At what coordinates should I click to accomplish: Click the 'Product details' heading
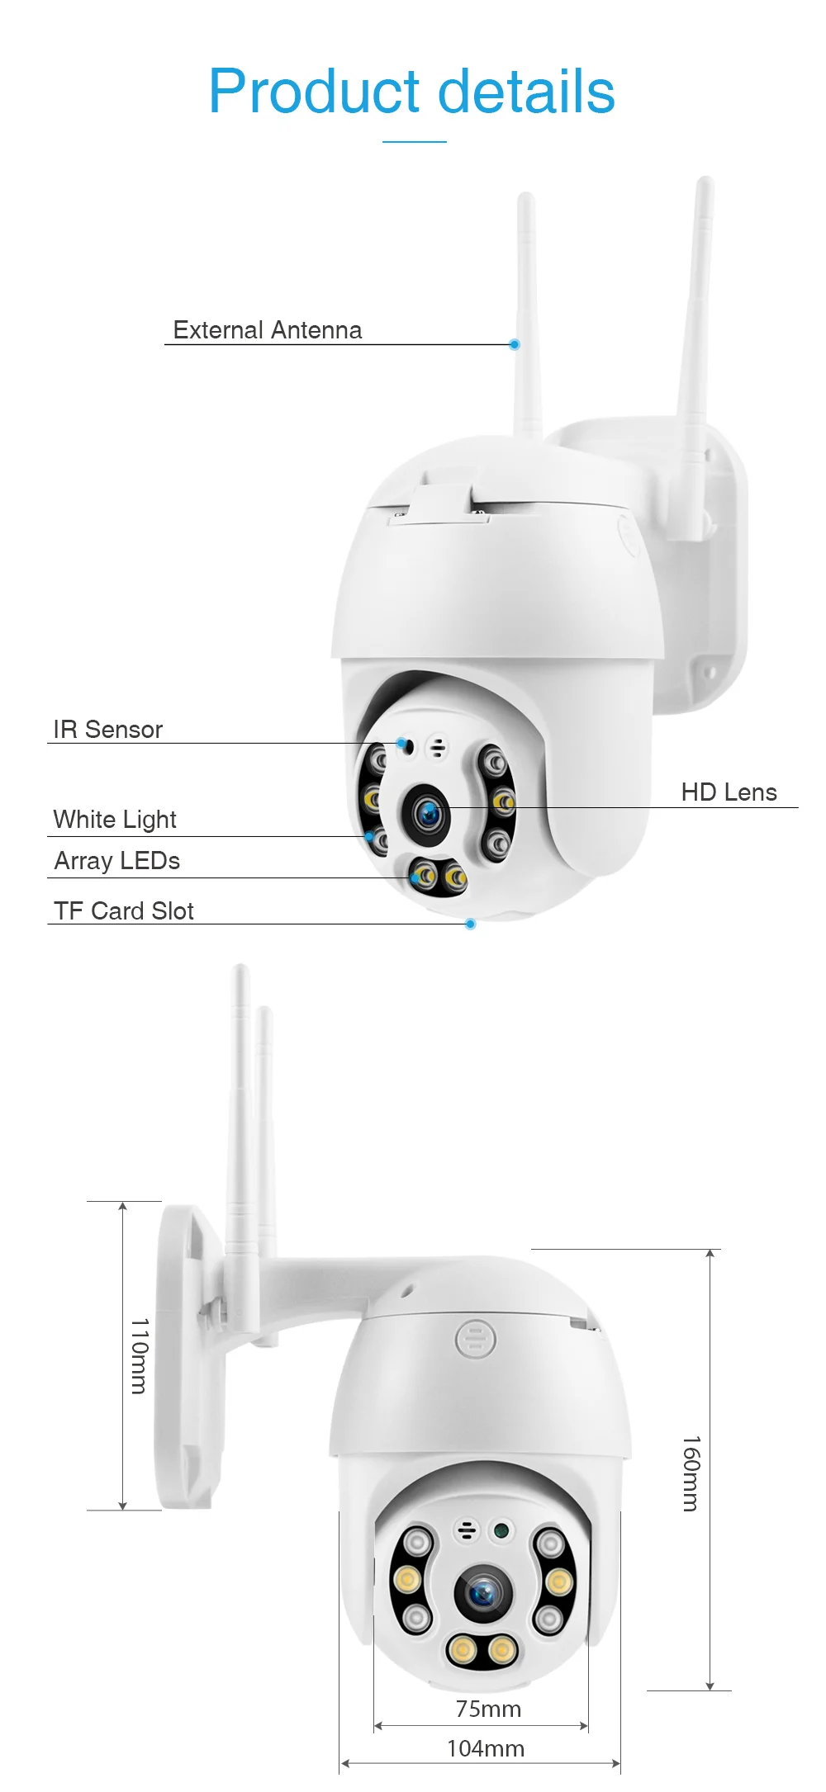pos(411,91)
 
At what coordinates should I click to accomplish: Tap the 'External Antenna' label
pos(267,330)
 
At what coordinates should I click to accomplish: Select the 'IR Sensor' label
pos(107,730)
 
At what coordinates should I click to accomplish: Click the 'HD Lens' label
pos(729,792)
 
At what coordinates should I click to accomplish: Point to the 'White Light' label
pos(115,820)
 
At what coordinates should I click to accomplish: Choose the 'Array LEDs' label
pos(116,861)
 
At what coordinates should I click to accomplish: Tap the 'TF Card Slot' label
pos(123,911)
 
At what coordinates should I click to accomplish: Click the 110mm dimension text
pos(140,1355)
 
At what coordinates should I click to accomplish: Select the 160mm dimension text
pos(691,1473)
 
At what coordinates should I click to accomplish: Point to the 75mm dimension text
pos(488,1709)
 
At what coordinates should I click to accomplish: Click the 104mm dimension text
pos(485,1748)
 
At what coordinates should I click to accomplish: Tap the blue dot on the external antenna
pos(515,344)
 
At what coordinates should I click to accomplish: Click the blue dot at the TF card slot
pos(471,924)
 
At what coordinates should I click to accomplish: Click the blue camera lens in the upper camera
pos(428,815)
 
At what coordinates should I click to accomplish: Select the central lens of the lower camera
pos(482,1592)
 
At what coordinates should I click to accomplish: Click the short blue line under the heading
pos(414,142)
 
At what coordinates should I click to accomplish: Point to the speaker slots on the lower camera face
pos(467,1530)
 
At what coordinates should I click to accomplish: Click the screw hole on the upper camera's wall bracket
pos(709,673)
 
